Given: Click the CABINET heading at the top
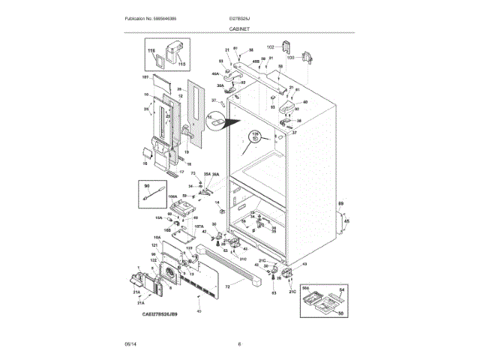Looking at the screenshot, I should point(240,28).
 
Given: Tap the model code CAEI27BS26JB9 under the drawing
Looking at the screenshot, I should point(159,315).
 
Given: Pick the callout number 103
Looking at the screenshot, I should point(290,57).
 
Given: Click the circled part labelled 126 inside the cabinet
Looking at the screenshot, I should point(255,136).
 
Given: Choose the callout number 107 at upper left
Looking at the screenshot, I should point(145,77).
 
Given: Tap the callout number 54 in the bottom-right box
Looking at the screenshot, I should point(341,289).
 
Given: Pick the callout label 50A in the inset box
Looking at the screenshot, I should point(306,288).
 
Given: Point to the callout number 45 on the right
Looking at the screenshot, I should point(346,221).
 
